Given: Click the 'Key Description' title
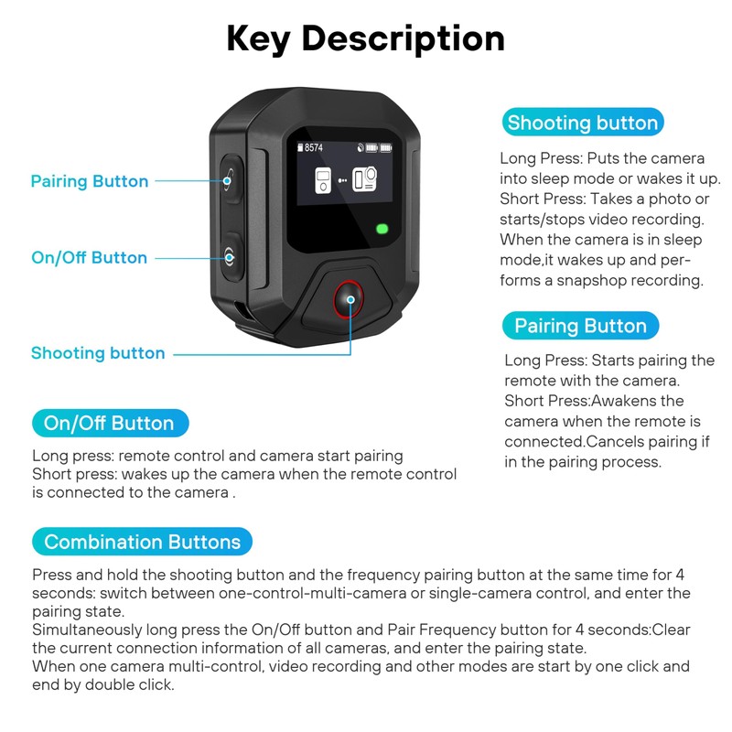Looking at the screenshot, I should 366,38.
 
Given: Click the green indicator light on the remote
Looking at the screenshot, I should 382,229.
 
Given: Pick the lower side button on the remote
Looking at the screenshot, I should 230,254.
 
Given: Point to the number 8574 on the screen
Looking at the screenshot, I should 314,147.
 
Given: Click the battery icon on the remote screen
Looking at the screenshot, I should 378,147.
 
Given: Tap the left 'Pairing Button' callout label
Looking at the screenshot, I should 90,181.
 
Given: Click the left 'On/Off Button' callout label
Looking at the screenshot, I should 89,258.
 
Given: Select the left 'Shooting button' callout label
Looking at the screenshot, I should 98,353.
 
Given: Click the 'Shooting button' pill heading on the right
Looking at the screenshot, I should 582,124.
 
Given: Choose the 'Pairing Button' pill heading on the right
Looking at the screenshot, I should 580,327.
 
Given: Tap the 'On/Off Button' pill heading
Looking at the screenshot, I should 109,424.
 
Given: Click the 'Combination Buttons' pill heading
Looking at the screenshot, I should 142,542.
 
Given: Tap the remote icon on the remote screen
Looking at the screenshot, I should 323,179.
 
